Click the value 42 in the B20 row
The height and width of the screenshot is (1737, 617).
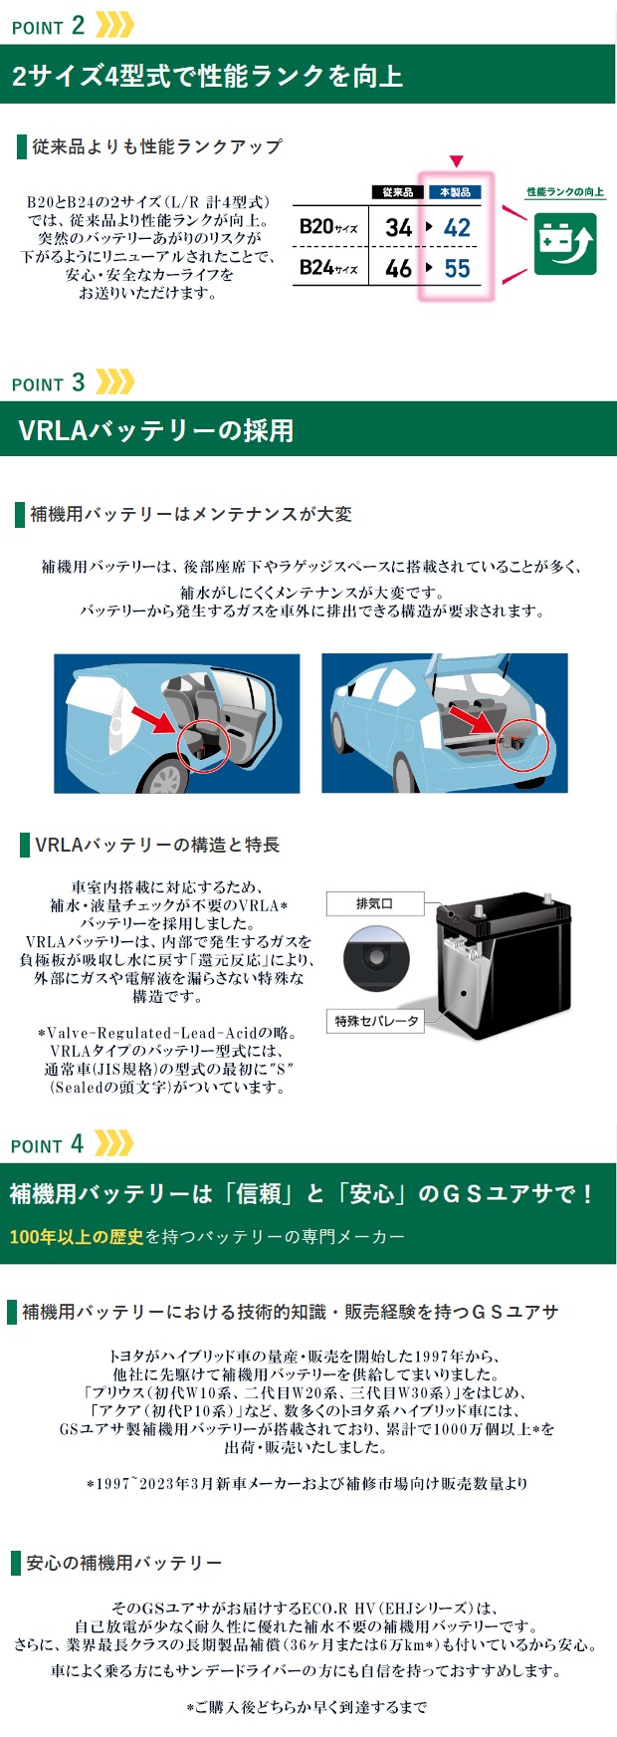457,227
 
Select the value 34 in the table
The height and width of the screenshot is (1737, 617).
399,227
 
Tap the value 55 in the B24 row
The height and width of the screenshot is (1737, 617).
457,268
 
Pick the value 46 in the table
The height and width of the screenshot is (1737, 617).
399,268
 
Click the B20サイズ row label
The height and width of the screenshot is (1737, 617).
328,227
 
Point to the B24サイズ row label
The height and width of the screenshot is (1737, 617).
328,268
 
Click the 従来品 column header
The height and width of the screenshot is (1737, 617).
397,192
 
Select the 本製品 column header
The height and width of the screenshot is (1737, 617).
455,192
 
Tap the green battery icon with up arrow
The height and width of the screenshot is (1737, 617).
565,242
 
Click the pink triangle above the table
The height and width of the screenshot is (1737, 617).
456,161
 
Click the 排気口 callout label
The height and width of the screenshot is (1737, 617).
375,903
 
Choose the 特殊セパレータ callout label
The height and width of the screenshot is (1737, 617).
376,1021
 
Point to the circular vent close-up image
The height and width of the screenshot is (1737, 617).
376,958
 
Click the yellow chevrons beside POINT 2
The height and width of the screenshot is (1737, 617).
114,25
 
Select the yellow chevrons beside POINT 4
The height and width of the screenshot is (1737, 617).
114,1143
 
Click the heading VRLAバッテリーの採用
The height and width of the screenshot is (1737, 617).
156,430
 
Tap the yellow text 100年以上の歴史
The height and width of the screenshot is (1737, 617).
77,1237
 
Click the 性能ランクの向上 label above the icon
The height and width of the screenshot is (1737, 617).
565,192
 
